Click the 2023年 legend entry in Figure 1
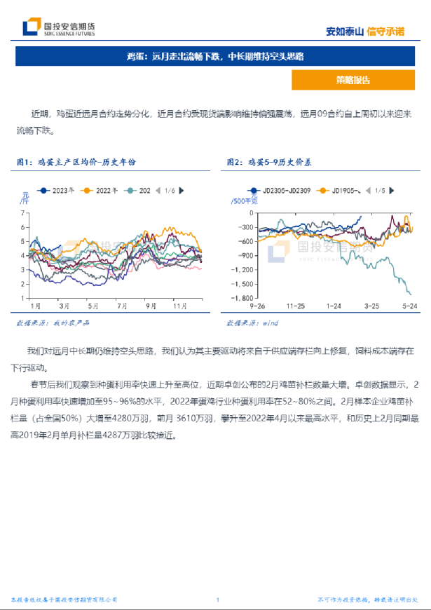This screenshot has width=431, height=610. point(59,190)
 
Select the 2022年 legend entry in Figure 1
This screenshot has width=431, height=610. point(102,190)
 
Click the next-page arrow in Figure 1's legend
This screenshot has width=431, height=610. point(182,190)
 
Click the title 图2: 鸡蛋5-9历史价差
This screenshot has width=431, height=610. point(270,162)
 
